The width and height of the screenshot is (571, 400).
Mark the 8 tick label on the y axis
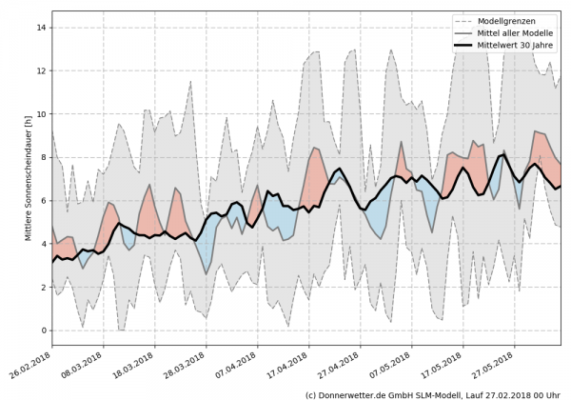point(41,157)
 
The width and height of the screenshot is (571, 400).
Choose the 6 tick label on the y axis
point(41,201)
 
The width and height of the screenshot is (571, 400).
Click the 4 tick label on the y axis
point(41,244)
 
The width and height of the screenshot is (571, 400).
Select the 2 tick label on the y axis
point(41,288)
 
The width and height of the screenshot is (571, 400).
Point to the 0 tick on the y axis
point(41,330)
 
